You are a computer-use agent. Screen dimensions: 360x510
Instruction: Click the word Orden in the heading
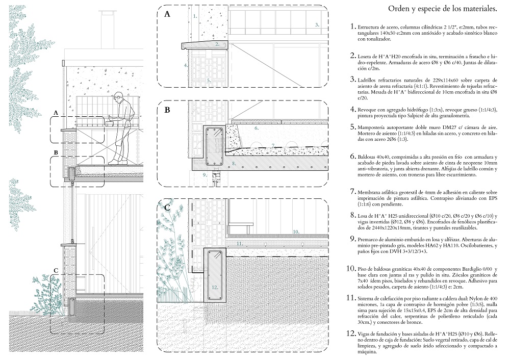tap(401, 9)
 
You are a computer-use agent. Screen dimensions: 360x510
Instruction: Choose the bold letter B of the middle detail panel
tap(167, 109)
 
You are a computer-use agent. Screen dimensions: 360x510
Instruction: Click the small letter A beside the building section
tap(56, 112)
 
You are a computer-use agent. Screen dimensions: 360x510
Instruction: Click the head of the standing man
tap(118, 95)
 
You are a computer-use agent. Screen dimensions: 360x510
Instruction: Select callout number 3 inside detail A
tap(317, 24)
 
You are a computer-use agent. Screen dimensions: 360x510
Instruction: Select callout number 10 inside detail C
tap(296, 232)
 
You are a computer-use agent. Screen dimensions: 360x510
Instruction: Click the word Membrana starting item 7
tap(371, 191)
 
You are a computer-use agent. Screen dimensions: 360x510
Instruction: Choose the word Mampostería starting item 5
tap(374, 122)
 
